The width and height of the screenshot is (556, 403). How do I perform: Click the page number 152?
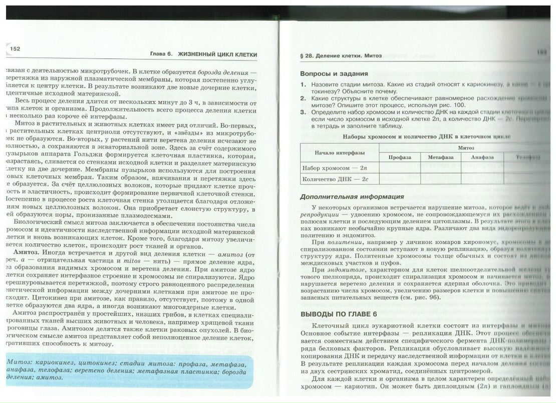coord(14,48)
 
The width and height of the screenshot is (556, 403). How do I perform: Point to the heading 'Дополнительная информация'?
coord(352,196)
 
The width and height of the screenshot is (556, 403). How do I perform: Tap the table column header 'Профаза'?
coord(399,157)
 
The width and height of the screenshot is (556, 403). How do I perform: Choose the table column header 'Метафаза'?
coord(440,157)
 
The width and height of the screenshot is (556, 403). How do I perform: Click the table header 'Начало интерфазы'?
coord(340,152)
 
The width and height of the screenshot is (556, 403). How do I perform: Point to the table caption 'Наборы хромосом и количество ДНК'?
coord(426,136)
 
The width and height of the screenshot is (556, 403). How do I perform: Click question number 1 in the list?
coord(304,84)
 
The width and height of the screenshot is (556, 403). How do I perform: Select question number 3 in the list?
coord(304,112)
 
